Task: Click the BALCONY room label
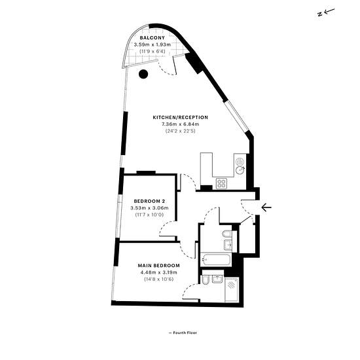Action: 153,38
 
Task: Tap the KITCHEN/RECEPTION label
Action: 181,117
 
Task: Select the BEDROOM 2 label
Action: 149,201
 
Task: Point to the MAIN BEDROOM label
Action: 159,265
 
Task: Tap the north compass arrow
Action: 326,12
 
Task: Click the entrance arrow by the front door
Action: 266,207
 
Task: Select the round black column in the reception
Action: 143,74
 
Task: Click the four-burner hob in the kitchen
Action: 221,183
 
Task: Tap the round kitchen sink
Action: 240,170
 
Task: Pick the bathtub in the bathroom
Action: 215,260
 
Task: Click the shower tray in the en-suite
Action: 232,290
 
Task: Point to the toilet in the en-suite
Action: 205,280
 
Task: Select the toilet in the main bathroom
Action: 227,234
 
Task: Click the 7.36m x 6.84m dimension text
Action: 181,124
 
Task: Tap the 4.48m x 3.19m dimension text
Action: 159,272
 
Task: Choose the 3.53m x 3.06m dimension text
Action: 149,208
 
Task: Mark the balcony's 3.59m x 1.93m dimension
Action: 153,45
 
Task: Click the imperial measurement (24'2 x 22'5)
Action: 181,131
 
